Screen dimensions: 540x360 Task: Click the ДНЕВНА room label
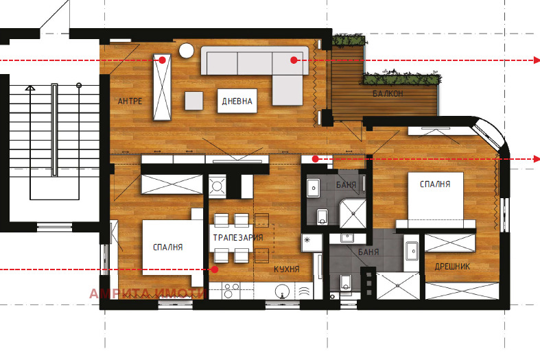pos(237,101)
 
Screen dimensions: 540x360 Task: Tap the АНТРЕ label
pos(130,101)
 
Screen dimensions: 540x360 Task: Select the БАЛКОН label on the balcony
pos(388,93)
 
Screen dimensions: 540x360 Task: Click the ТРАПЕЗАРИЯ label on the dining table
pos(238,237)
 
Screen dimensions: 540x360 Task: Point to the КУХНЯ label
pos(287,269)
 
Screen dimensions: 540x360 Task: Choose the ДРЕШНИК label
pos(452,266)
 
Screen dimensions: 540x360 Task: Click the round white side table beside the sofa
pos(186,51)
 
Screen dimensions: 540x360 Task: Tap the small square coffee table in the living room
pos(193,101)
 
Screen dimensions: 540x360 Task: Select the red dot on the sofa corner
pos(294,60)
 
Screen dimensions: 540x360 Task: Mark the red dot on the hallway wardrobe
pos(162,60)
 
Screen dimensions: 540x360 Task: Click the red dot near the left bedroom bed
pos(215,269)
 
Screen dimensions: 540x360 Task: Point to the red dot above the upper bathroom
pos(315,159)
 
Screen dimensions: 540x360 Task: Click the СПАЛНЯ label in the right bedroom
pos(435,184)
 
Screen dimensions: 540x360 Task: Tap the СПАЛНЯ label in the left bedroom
pos(167,247)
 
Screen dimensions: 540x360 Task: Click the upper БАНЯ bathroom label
pos(346,185)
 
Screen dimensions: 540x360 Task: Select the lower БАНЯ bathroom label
pos(368,252)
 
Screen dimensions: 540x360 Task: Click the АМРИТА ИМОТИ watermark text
pos(148,293)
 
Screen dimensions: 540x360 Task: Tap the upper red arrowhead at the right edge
pos(537,60)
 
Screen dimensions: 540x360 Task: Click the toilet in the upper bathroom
pos(322,217)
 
